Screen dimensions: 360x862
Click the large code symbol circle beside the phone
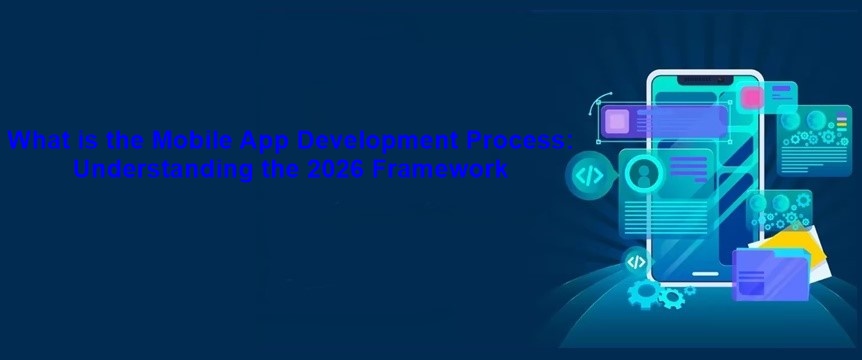click(588, 176)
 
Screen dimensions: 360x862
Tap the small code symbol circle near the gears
click(635, 263)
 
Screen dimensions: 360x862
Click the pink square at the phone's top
click(751, 96)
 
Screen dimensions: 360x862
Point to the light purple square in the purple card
click(616, 122)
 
